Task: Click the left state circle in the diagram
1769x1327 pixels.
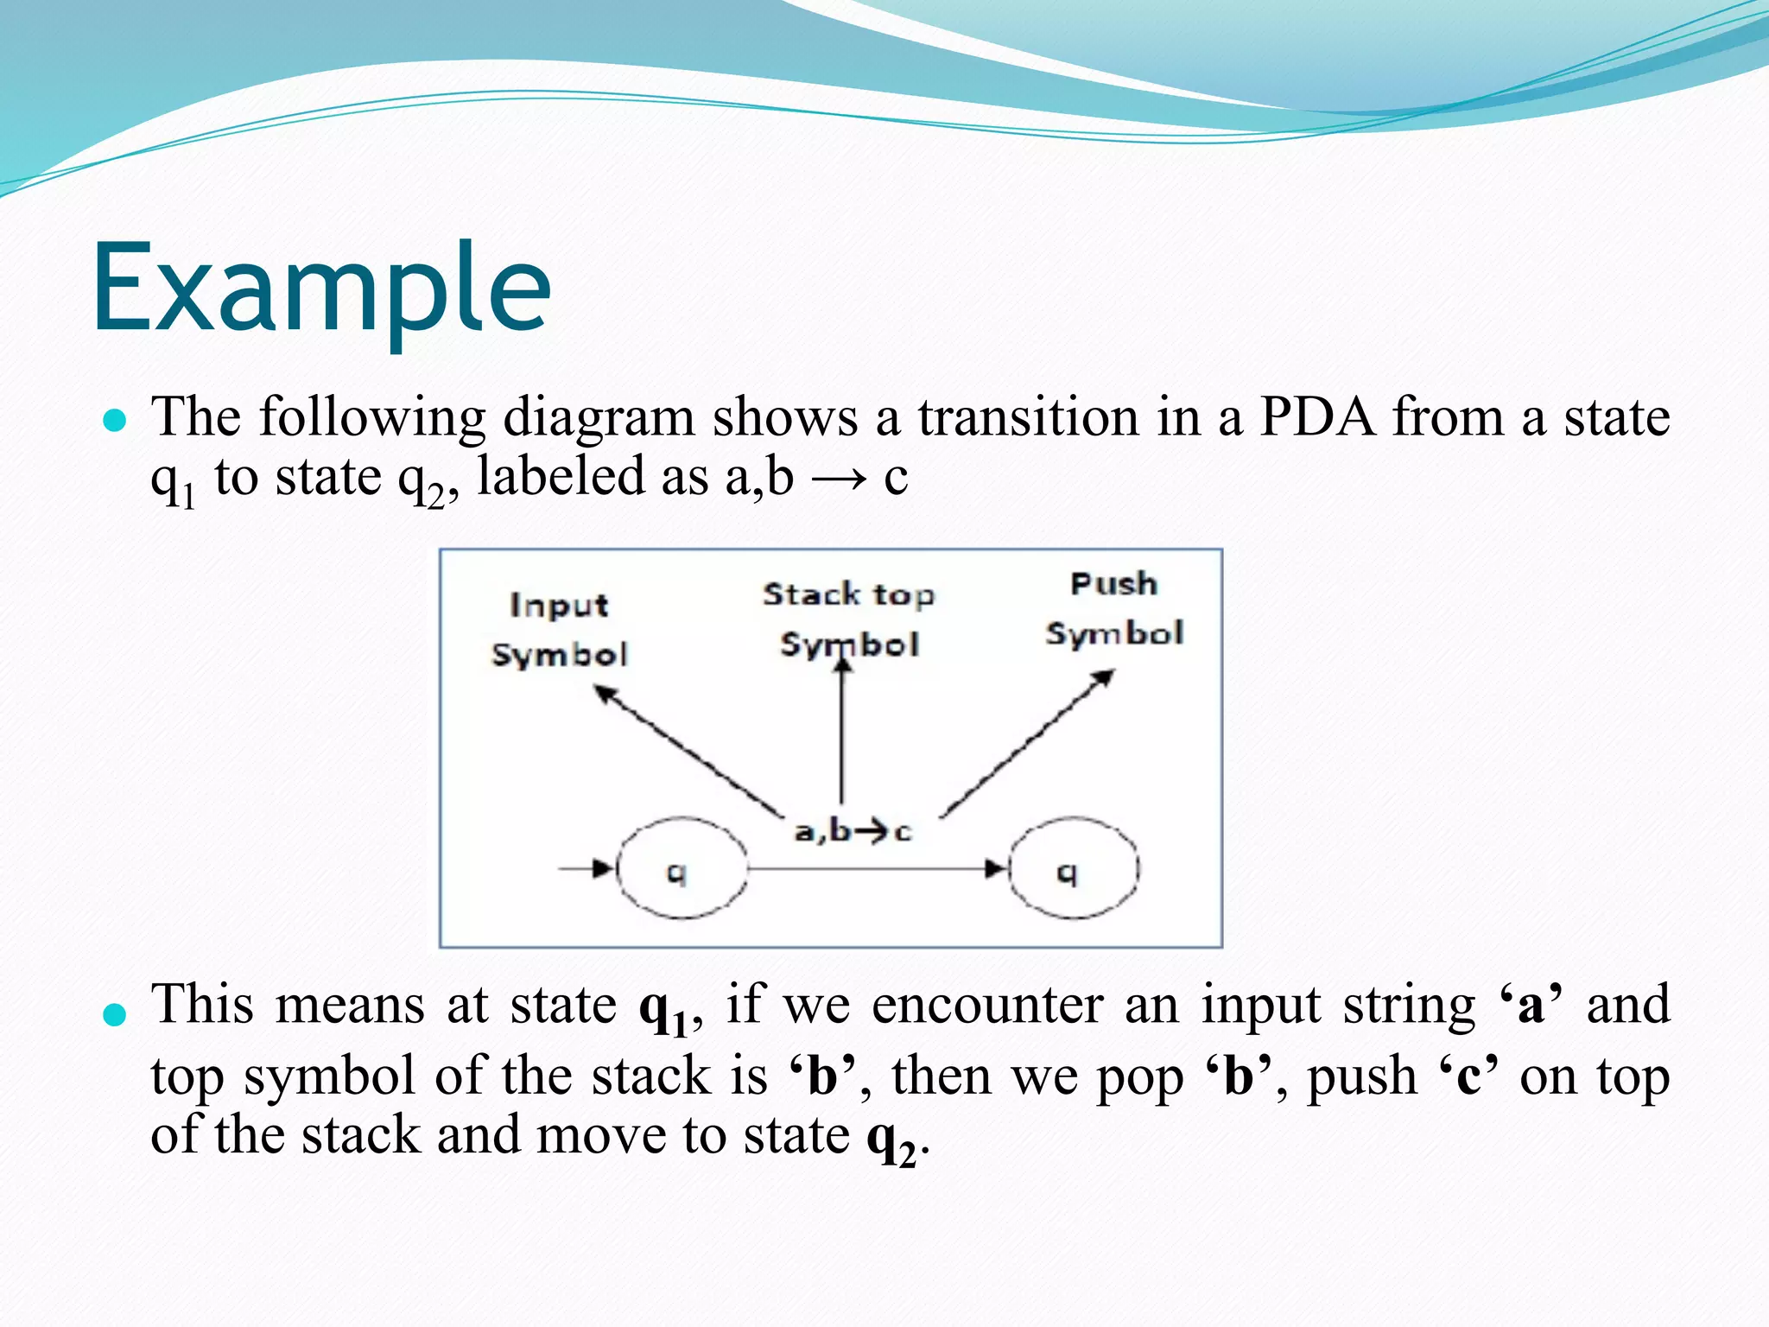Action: (x=682, y=868)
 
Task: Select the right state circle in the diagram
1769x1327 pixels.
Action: (x=1074, y=868)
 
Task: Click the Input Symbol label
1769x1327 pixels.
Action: (x=559, y=629)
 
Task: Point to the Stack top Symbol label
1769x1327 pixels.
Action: (x=849, y=619)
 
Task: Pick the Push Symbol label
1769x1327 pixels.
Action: (x=1113, y=608)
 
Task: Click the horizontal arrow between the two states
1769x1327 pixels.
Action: (x=872, y=867)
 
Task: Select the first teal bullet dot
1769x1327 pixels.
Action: (x=115, y=422)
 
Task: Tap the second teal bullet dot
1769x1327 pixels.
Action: (x=115, y=1014)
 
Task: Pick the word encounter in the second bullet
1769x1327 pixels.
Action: (x=987, y=1005)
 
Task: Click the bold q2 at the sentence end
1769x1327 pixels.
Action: (x=891, y=1138)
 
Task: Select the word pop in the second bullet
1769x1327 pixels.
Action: (x=1140, y=1077)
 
